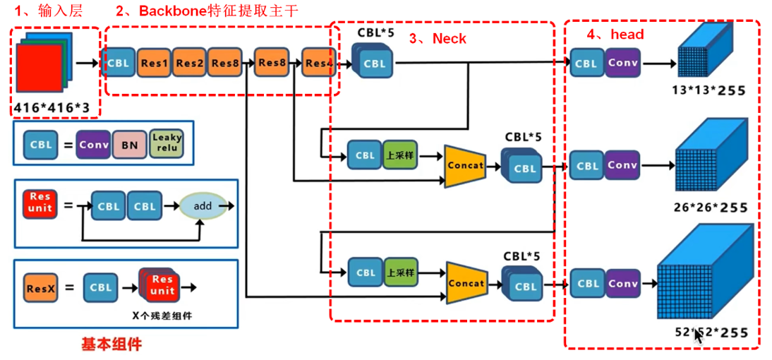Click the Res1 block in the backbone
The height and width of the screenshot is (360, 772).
tap(154, 64)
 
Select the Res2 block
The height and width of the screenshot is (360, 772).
tap(189, 64)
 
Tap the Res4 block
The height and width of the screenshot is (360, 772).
tap(318, 64)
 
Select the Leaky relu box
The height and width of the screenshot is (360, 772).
tap(167, 143)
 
